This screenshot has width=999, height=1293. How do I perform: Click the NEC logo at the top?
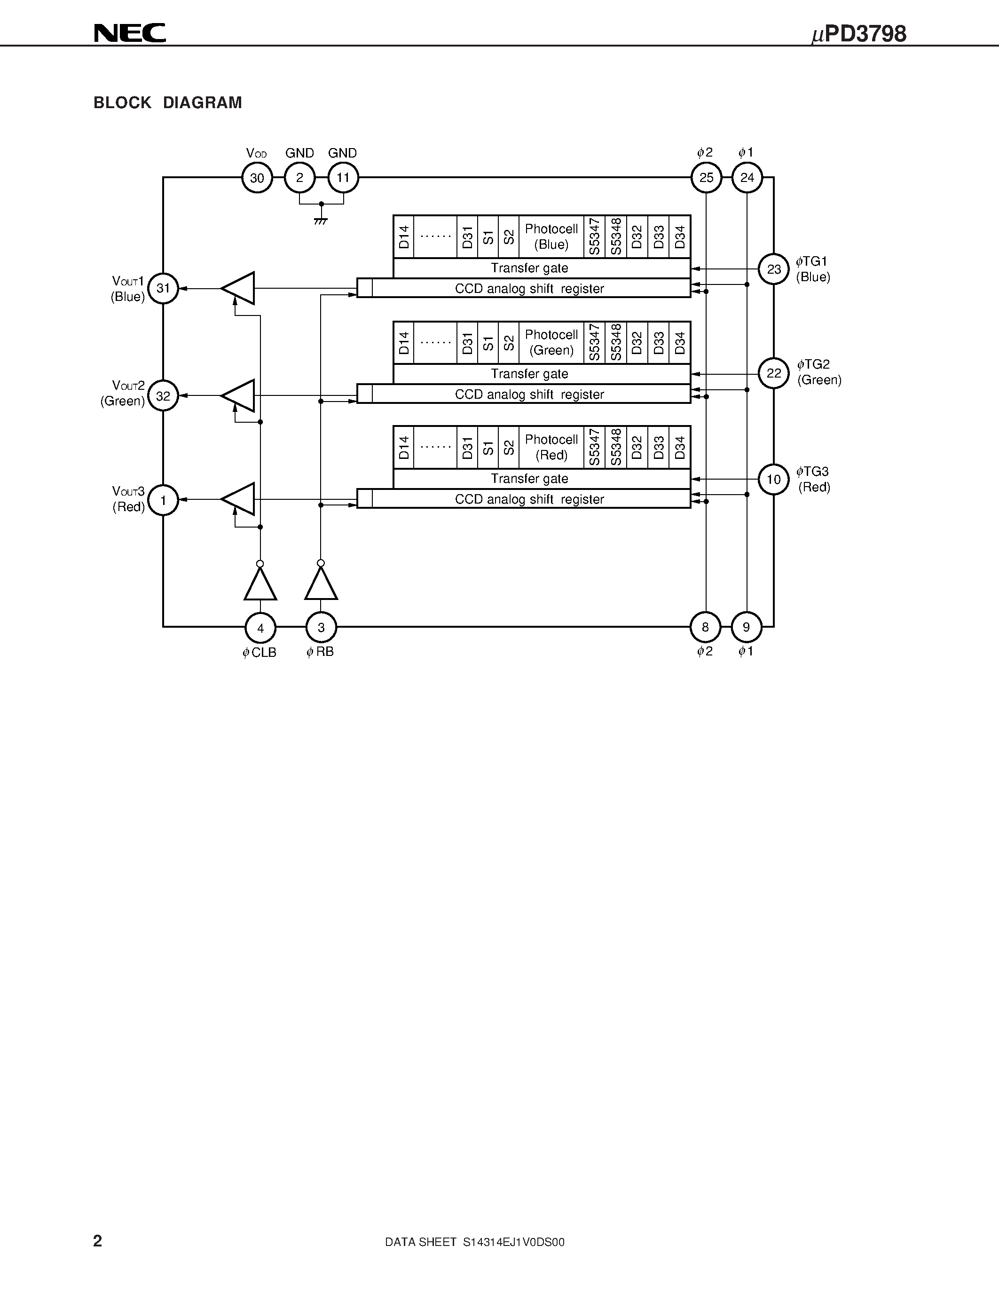(x=130, y=33)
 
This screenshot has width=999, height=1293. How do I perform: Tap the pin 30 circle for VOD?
(x=257, y=178)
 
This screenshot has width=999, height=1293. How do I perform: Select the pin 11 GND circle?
(x=343, y=178)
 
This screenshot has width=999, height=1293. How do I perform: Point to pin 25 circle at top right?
(x=706, y=178)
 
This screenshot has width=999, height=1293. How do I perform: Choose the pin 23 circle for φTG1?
(x=773, y=269)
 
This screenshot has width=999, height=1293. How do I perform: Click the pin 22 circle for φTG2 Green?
(x=773, y=374)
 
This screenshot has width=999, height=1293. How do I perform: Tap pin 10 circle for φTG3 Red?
(x=773, y=479)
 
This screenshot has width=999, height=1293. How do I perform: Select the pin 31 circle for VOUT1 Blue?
(x=163, y=288)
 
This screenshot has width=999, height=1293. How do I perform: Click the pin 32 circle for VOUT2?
(x=163, y=395)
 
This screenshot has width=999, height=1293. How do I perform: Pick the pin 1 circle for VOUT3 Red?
(x=163, y=500)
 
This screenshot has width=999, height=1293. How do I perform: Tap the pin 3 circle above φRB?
(x=321, y=627)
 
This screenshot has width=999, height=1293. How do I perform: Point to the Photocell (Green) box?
(x=551, y=342)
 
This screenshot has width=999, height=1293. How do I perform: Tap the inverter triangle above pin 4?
(x=260, y=585)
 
